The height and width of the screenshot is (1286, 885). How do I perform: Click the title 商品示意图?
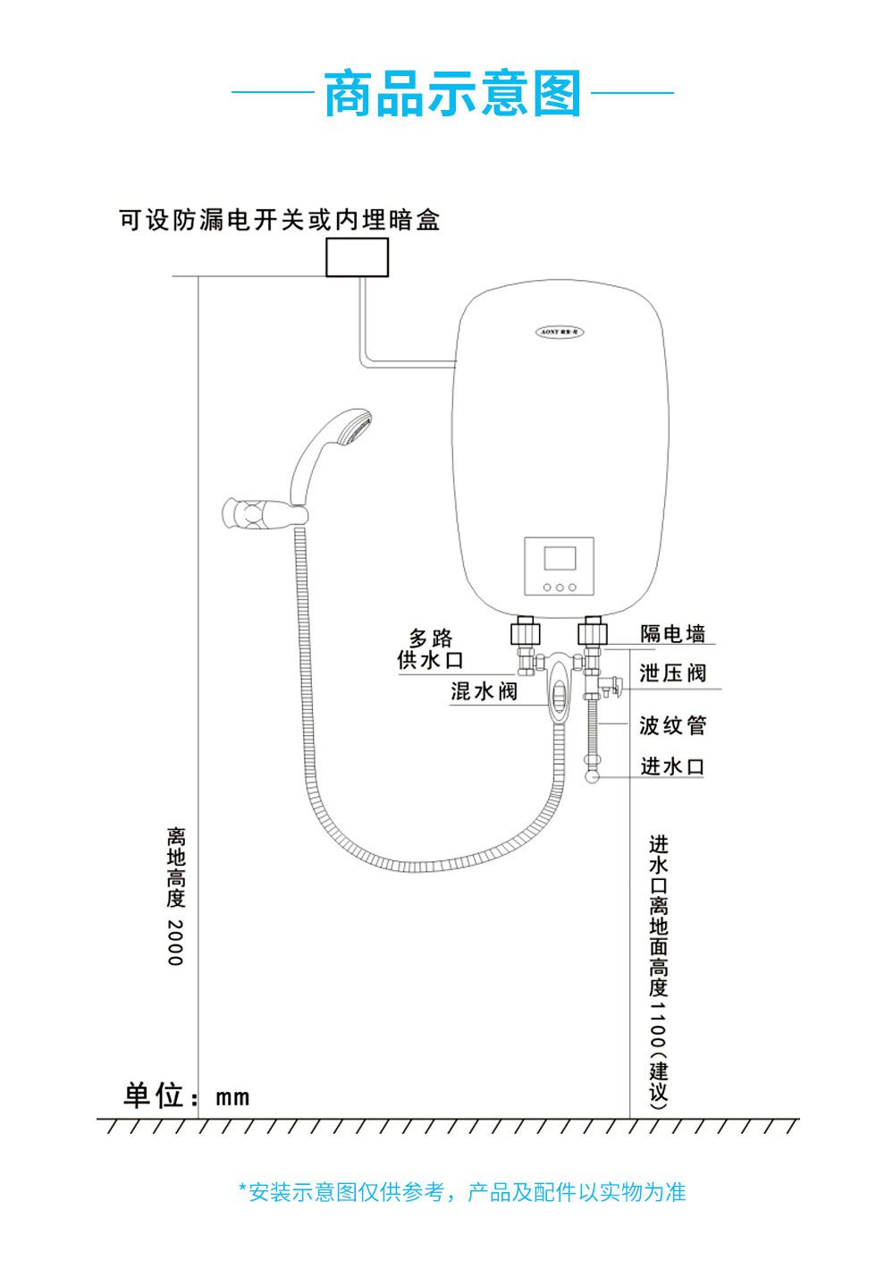(452, 94)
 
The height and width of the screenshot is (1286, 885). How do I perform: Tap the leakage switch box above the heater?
(357, 258)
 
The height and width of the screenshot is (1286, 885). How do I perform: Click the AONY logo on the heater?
(560, 332)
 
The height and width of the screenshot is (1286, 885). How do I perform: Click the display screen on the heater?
(560, 559)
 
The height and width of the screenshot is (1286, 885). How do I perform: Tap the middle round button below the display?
(560, 588)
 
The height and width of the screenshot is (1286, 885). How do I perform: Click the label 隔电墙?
(672, 634)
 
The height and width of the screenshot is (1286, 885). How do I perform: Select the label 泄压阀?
(672, 673)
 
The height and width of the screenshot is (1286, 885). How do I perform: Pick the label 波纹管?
(672, 725)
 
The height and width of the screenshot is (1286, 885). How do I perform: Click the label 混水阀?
(484, 690)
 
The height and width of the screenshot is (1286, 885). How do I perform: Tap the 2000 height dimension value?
(175, 942)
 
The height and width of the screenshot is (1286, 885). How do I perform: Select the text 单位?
(154, 1096)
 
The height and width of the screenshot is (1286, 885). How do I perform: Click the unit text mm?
(232, 1097)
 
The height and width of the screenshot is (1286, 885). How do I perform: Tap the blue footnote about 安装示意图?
(461, 1192)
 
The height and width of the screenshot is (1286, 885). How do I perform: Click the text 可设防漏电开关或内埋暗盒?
(280, 220)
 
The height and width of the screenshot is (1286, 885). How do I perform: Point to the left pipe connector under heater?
(525, 634)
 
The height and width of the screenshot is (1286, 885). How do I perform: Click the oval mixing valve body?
(558, 689)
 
